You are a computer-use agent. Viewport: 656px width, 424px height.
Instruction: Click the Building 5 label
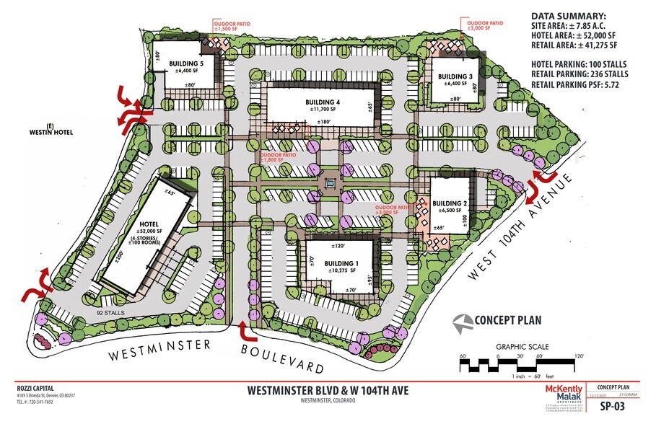click(x=187, y=63)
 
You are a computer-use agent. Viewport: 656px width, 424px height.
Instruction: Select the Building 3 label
click(x=455, y=76)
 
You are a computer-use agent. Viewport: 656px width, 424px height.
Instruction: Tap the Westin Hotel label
click(x=27, y=132)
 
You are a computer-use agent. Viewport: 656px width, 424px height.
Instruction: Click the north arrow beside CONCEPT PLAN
click(x=460, y=320)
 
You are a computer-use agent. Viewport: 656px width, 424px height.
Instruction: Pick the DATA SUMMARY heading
click(x=569, y=16)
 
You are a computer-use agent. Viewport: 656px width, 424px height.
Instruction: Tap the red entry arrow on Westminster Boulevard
click(x=242, y=330)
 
